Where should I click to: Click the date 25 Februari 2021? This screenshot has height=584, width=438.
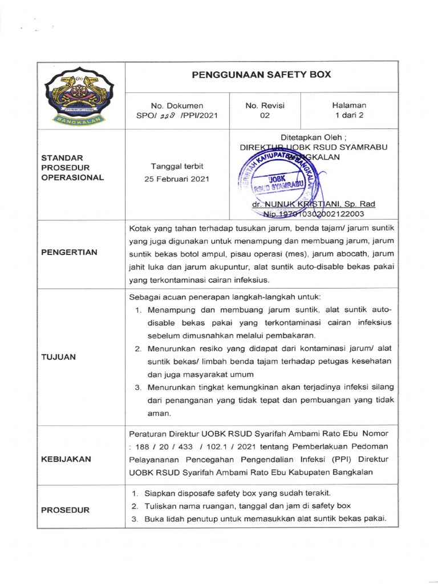pos(177,179)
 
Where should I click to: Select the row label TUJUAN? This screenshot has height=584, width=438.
pos(59,356)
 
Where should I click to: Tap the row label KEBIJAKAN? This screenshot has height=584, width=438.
pos(66,459)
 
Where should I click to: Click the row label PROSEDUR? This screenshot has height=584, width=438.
pos(65,510)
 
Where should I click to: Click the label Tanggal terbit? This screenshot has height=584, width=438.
pos(177,166)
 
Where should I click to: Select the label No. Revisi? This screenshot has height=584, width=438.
pos(265,105)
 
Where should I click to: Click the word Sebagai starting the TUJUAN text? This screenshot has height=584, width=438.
pos(146,298)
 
